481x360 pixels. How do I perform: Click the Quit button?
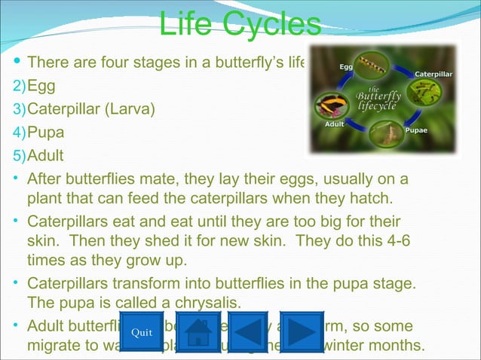click(x=141, y=332)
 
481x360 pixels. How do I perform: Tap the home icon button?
click(x=198, y=332)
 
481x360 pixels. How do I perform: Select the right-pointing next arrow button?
click(x=302, y=332)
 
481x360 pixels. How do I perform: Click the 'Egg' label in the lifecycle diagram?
click(x=346, y=67)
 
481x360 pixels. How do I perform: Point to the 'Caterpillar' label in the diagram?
click(x=434, y=74)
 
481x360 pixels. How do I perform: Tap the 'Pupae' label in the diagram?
click(x=418, y=130)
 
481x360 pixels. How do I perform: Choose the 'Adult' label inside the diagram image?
click(x=335, y=124)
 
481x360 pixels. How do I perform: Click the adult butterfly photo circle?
click(x=339, y=102)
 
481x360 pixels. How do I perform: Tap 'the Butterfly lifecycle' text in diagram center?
click(x=378, y=98)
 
